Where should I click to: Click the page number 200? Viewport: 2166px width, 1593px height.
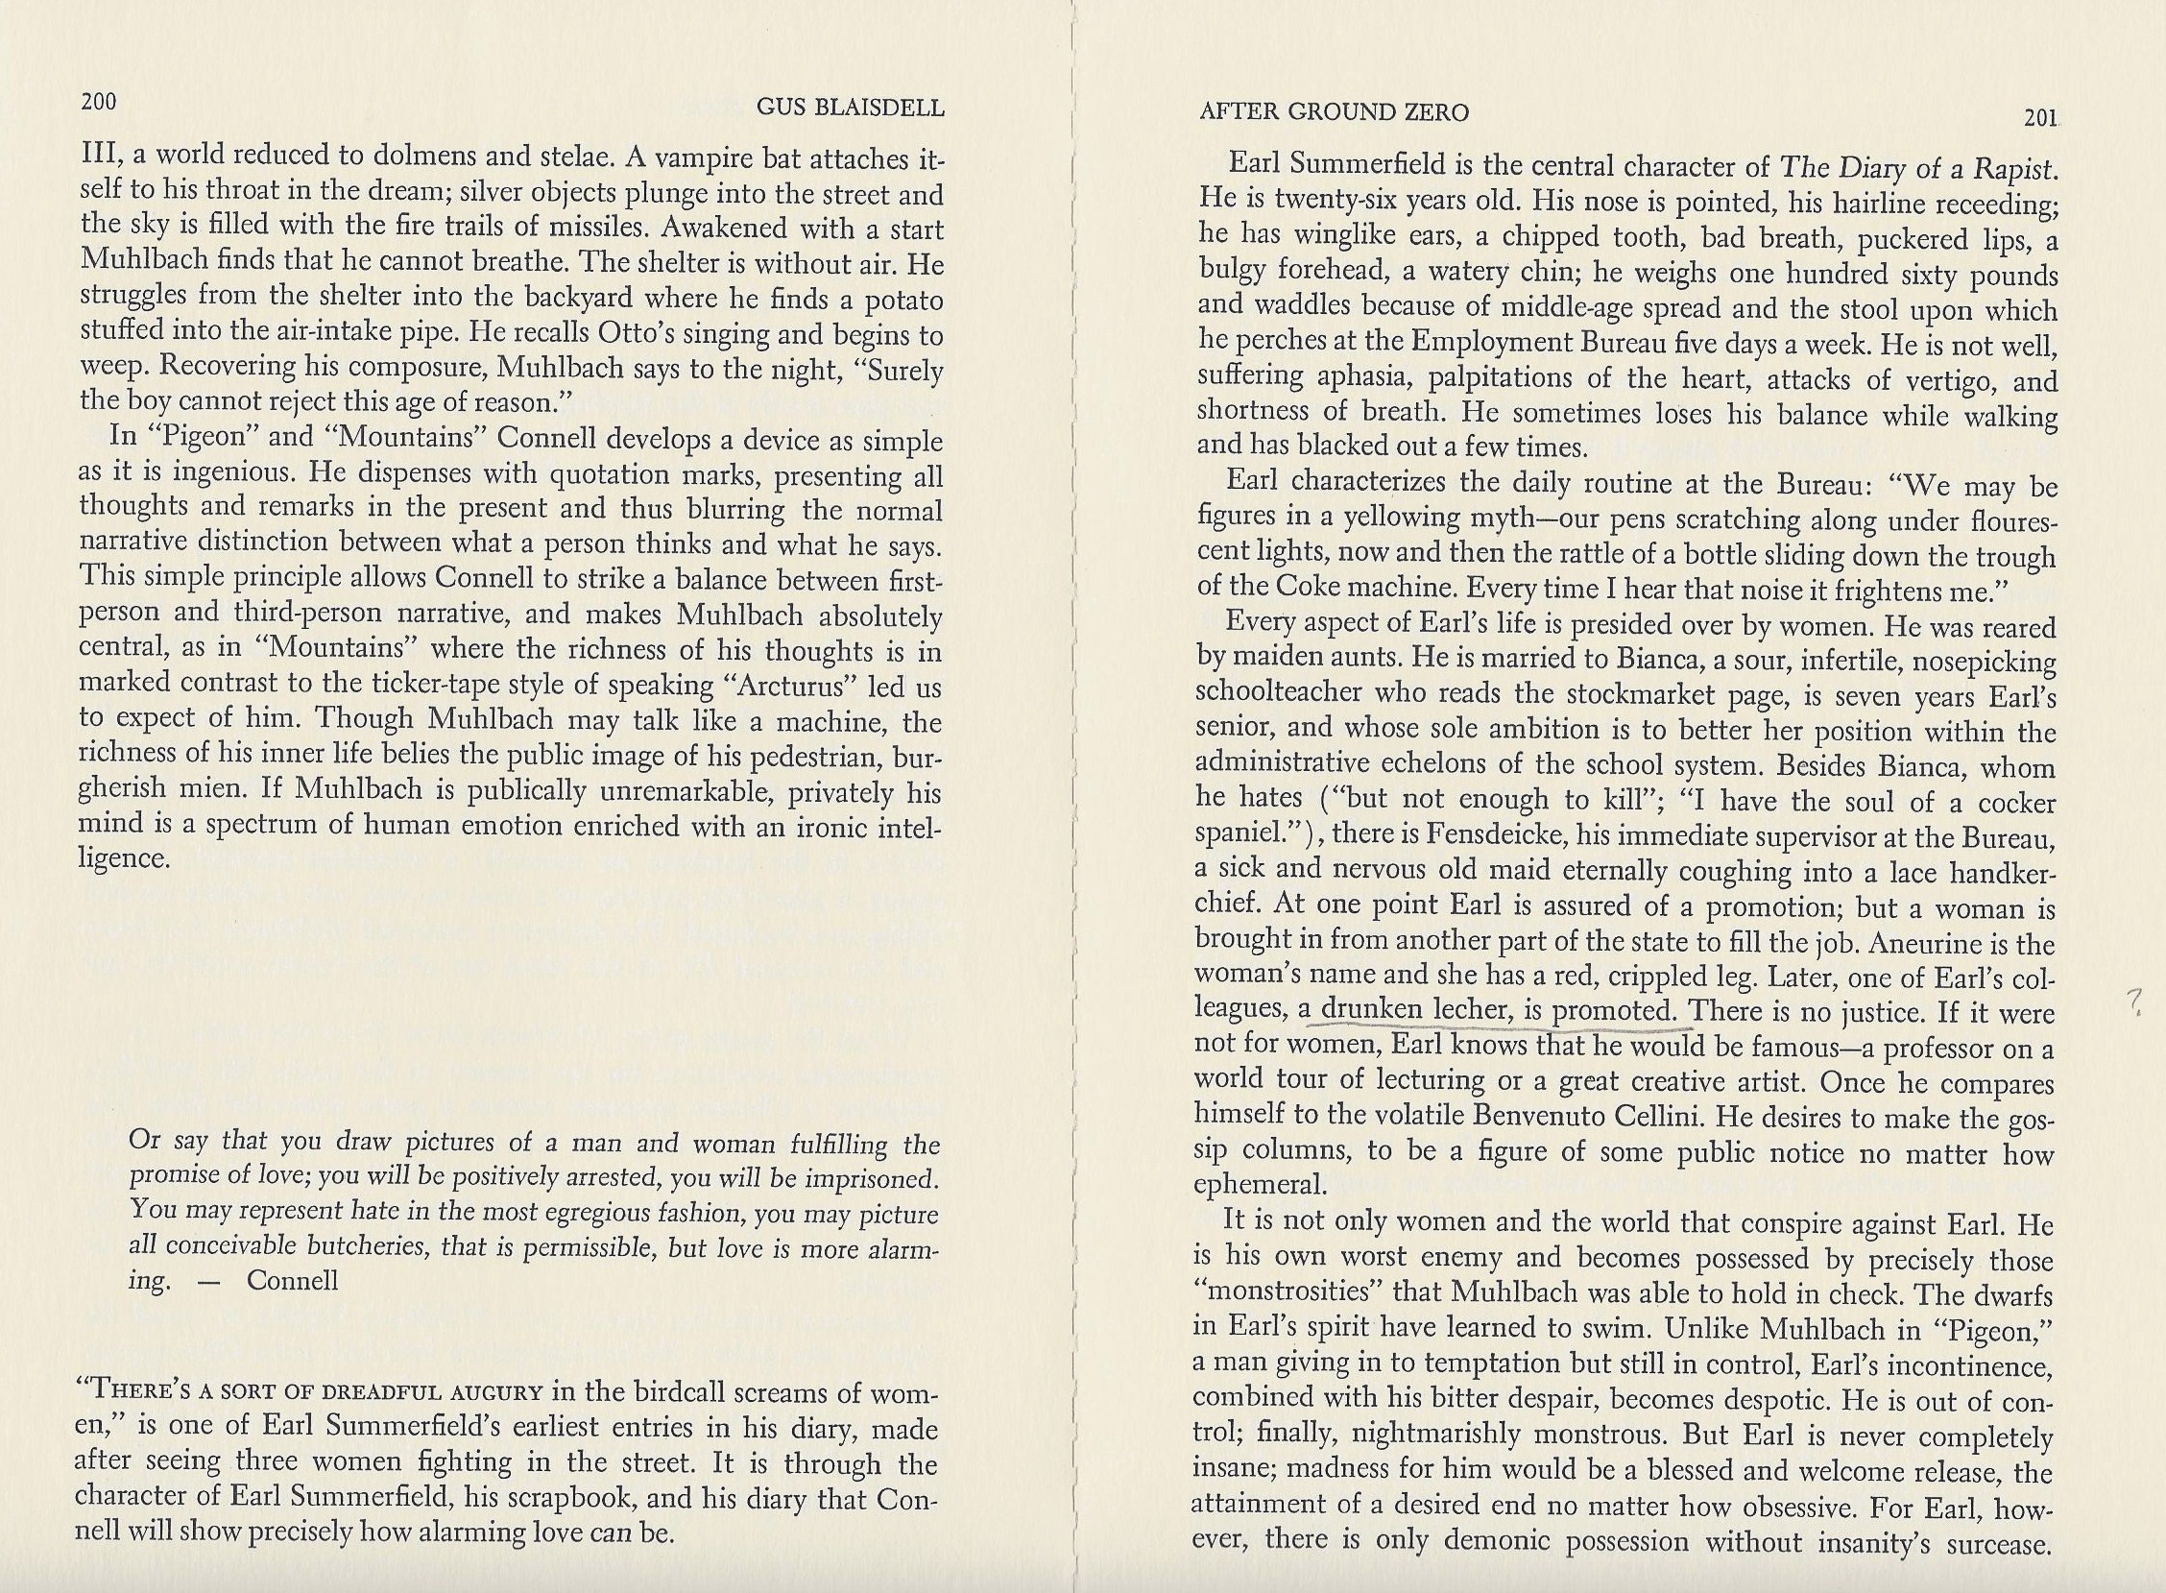coord(98,101)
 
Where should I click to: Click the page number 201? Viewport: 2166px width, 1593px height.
coord(2040,118)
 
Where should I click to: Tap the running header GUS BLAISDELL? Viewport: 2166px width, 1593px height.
coord(850,108)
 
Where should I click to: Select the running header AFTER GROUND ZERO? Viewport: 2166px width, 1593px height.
coord(1334,112)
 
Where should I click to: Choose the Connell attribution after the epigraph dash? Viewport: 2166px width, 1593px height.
coord(292,1280)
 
